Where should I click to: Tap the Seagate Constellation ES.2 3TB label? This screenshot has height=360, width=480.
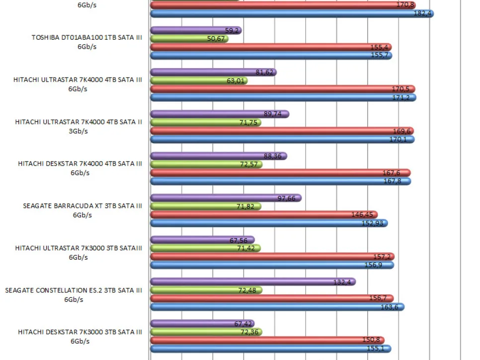coord(74,295)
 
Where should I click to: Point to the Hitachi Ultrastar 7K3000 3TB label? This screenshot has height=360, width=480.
coord(79,253)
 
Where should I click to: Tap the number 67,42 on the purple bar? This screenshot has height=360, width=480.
coord(244,324)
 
